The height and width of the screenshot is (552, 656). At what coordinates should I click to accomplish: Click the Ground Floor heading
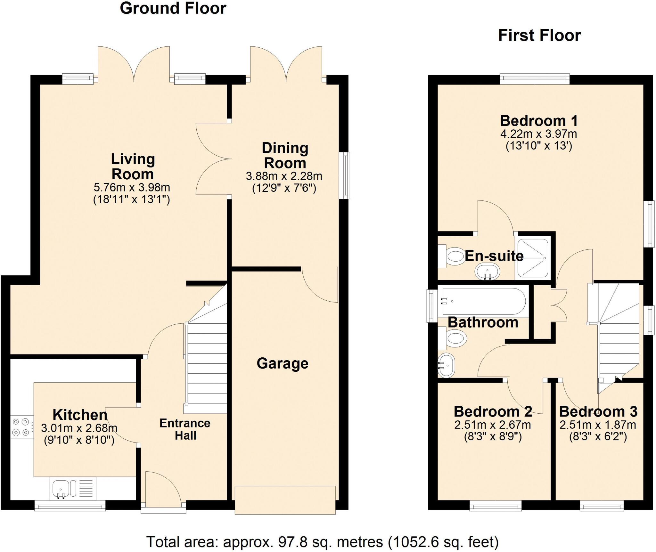[x=173, y=8]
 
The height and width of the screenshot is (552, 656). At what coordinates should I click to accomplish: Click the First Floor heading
[x=539, y=35]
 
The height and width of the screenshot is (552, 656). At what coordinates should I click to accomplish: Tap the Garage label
[x=282, y=363]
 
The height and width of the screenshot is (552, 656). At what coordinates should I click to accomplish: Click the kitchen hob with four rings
[x=21, y=427]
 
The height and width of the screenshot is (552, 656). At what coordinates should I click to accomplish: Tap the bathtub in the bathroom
[x=484, y=302]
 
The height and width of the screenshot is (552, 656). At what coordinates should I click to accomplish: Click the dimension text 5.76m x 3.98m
[x=132, y=187]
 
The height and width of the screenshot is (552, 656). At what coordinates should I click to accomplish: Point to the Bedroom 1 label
[x=539, y=121]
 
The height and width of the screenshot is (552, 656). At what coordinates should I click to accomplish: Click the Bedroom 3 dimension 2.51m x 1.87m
[x=598, y=425]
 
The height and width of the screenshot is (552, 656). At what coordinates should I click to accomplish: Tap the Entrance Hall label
[x=185, y=429]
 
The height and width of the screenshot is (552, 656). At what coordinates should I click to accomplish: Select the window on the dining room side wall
[x=345, y=175]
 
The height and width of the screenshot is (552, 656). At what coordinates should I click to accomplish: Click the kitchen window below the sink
[x=70, y=506]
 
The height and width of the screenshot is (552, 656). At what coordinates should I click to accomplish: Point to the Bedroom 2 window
[x=496, y=506]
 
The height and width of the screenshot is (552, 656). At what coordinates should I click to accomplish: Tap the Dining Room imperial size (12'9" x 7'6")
[x=284, y=188]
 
